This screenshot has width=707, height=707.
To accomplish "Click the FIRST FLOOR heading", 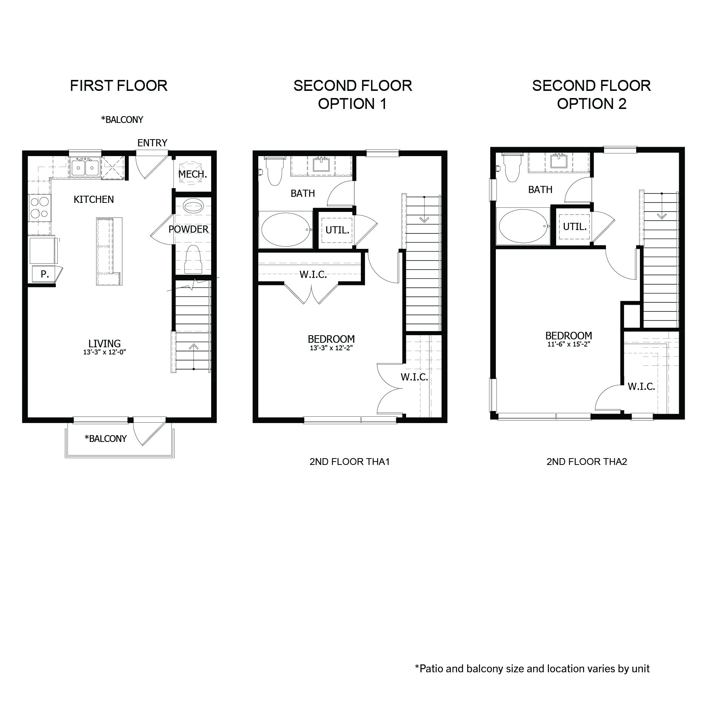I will click(119, 86).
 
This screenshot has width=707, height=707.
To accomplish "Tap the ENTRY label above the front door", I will click(152, 143).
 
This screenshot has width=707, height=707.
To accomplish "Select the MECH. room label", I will click(192, 174).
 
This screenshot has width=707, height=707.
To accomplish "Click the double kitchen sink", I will click(85, 167).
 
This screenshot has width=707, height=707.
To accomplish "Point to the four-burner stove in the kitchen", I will click(39, 208).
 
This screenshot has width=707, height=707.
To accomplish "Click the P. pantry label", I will click(44, 274).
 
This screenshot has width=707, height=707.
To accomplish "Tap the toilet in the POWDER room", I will click(193, 259).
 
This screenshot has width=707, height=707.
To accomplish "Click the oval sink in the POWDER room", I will click(193, 207).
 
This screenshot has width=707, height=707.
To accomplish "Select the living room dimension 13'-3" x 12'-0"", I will click(104, 352).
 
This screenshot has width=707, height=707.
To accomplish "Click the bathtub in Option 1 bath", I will click(285, 230).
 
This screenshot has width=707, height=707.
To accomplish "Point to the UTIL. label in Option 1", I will click(337, 230).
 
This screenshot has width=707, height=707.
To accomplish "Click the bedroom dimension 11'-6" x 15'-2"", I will click(568, 344).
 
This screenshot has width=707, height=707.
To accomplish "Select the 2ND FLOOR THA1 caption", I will click(349, 462).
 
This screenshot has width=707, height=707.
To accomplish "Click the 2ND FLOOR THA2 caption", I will click(587, 462).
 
